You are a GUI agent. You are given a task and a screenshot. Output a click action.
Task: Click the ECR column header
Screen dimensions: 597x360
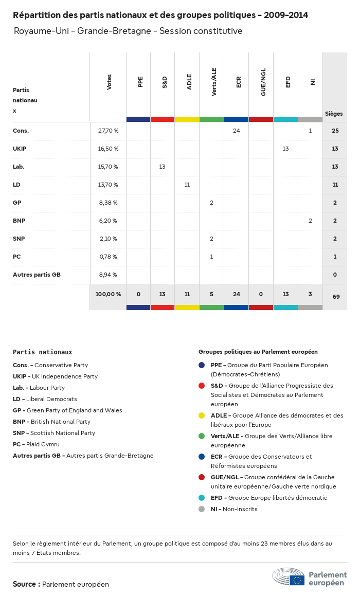point(239,82)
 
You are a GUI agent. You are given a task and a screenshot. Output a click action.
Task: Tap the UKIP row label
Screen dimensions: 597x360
point(21,149)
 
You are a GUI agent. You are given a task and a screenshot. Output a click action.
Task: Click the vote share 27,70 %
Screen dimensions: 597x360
point(108,131)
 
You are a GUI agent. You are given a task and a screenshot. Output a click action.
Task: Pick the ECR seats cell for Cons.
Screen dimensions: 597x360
point(236,131)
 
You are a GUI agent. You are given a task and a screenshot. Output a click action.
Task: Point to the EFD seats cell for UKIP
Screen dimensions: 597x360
point(285,149)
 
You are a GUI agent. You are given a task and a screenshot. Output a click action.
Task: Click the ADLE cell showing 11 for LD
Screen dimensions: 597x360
point(187,185)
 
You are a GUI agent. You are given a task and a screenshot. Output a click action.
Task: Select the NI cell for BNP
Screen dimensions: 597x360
point(310,221)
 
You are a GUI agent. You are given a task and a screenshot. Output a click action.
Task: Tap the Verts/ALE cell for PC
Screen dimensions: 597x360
point(211,257)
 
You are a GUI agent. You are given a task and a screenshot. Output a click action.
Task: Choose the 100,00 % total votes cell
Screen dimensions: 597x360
point(108,295)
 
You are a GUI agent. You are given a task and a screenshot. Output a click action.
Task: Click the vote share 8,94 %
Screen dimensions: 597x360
point(108,275)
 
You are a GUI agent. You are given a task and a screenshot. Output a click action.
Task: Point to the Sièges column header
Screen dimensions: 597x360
point(334,114)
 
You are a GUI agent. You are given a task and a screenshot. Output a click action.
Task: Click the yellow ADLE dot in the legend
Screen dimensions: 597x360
point(202,415)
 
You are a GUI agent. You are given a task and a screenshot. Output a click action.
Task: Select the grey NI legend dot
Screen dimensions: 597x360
point(202,509)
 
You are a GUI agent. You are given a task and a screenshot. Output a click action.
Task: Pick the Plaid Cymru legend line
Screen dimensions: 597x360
point(36,444)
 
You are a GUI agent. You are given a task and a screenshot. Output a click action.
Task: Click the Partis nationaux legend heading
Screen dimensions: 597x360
point(42,352)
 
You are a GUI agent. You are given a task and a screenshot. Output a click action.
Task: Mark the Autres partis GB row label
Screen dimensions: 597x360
point(37,275)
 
